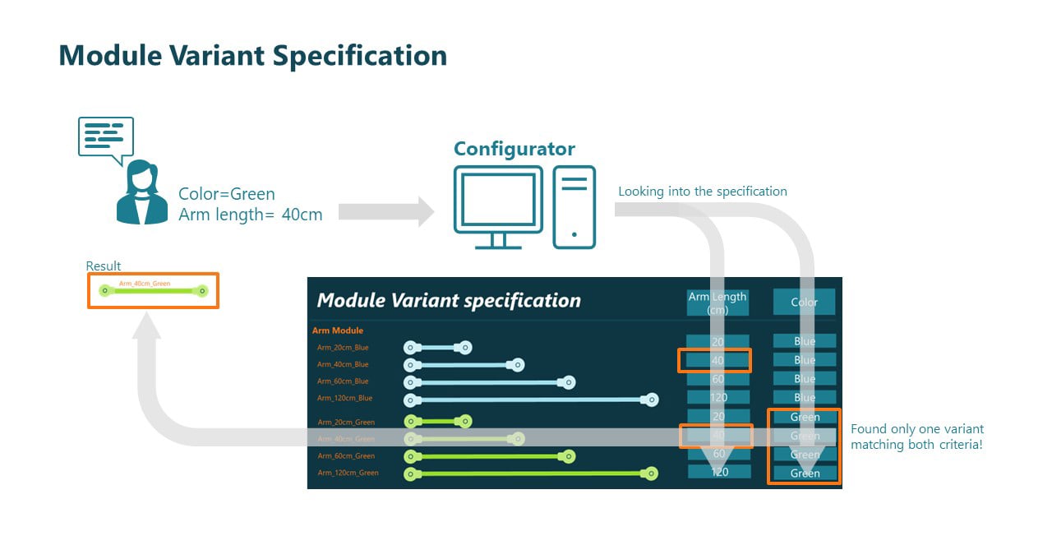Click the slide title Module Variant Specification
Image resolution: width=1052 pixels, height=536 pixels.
coord(253,56)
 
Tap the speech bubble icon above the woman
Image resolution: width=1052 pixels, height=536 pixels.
coord(105,138)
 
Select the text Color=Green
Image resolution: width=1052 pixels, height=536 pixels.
coord(227,195)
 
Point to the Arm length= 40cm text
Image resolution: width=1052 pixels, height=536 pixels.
coord(251,215)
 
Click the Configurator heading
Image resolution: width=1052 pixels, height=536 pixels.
coord(514,149)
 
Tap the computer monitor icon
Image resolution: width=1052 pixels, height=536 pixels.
coord(498,206)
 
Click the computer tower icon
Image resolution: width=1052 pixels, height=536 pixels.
coord(574,206)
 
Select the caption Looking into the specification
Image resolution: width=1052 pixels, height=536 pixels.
coord(702,192)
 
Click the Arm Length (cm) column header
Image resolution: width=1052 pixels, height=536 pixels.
coord(717,303)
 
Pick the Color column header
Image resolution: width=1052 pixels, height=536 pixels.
coord(804,303)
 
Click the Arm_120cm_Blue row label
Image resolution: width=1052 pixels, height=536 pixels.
coord(344,398)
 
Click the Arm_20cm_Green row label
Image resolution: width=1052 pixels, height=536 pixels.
coord(346,422)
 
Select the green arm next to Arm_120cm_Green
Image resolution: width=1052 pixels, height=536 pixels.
coord(531,474)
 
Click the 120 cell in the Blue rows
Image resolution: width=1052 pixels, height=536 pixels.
coord(717,397)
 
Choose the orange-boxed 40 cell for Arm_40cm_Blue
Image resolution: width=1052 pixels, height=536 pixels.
coord(714,360)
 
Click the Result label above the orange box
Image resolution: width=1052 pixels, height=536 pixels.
coord(104,266)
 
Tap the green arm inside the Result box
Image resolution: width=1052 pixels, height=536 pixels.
coord(153,291)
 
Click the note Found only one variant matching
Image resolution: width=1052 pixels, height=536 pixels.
coord(916,437)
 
